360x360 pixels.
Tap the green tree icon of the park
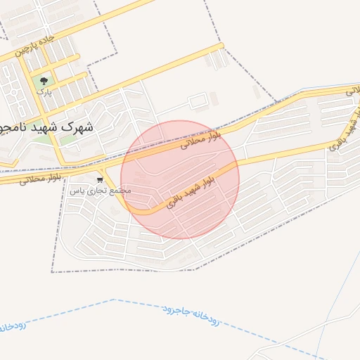point(45,81)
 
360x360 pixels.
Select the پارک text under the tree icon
point(44,92)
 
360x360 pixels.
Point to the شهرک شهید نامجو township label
point(46,127)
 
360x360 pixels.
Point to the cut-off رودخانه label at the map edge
point(13,326)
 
